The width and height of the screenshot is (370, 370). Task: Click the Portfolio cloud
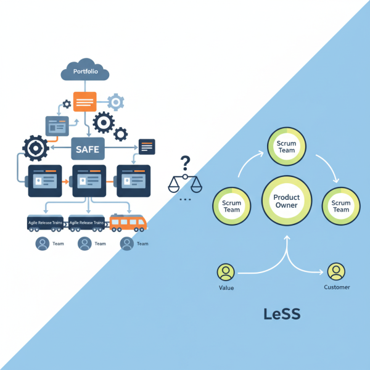(x=85, y=72)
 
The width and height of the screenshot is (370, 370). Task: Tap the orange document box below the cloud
(x=85, y=101)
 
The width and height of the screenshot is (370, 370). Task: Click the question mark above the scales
(x=184, y=163)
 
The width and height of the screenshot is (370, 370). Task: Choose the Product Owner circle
(x=286, y=201)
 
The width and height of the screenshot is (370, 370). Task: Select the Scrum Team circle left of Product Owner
(x=232, y=206)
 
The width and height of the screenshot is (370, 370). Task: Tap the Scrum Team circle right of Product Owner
(x=341, y=206)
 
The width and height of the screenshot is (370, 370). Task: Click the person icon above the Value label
(x=226, y=271)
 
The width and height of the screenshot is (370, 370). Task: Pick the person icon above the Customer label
(x=336, y=271)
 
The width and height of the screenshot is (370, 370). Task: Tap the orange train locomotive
(x=128, y=222)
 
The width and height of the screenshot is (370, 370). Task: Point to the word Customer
(x=337, y=287)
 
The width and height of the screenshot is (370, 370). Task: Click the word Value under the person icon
(x=226, y=287)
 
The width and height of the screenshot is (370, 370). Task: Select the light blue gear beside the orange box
(x=115, y=102)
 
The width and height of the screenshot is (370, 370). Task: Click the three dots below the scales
(x=184, y=200)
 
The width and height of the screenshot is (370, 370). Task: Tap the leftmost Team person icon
(x=43, y=244)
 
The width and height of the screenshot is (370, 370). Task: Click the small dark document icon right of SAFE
(x=147, y=146)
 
